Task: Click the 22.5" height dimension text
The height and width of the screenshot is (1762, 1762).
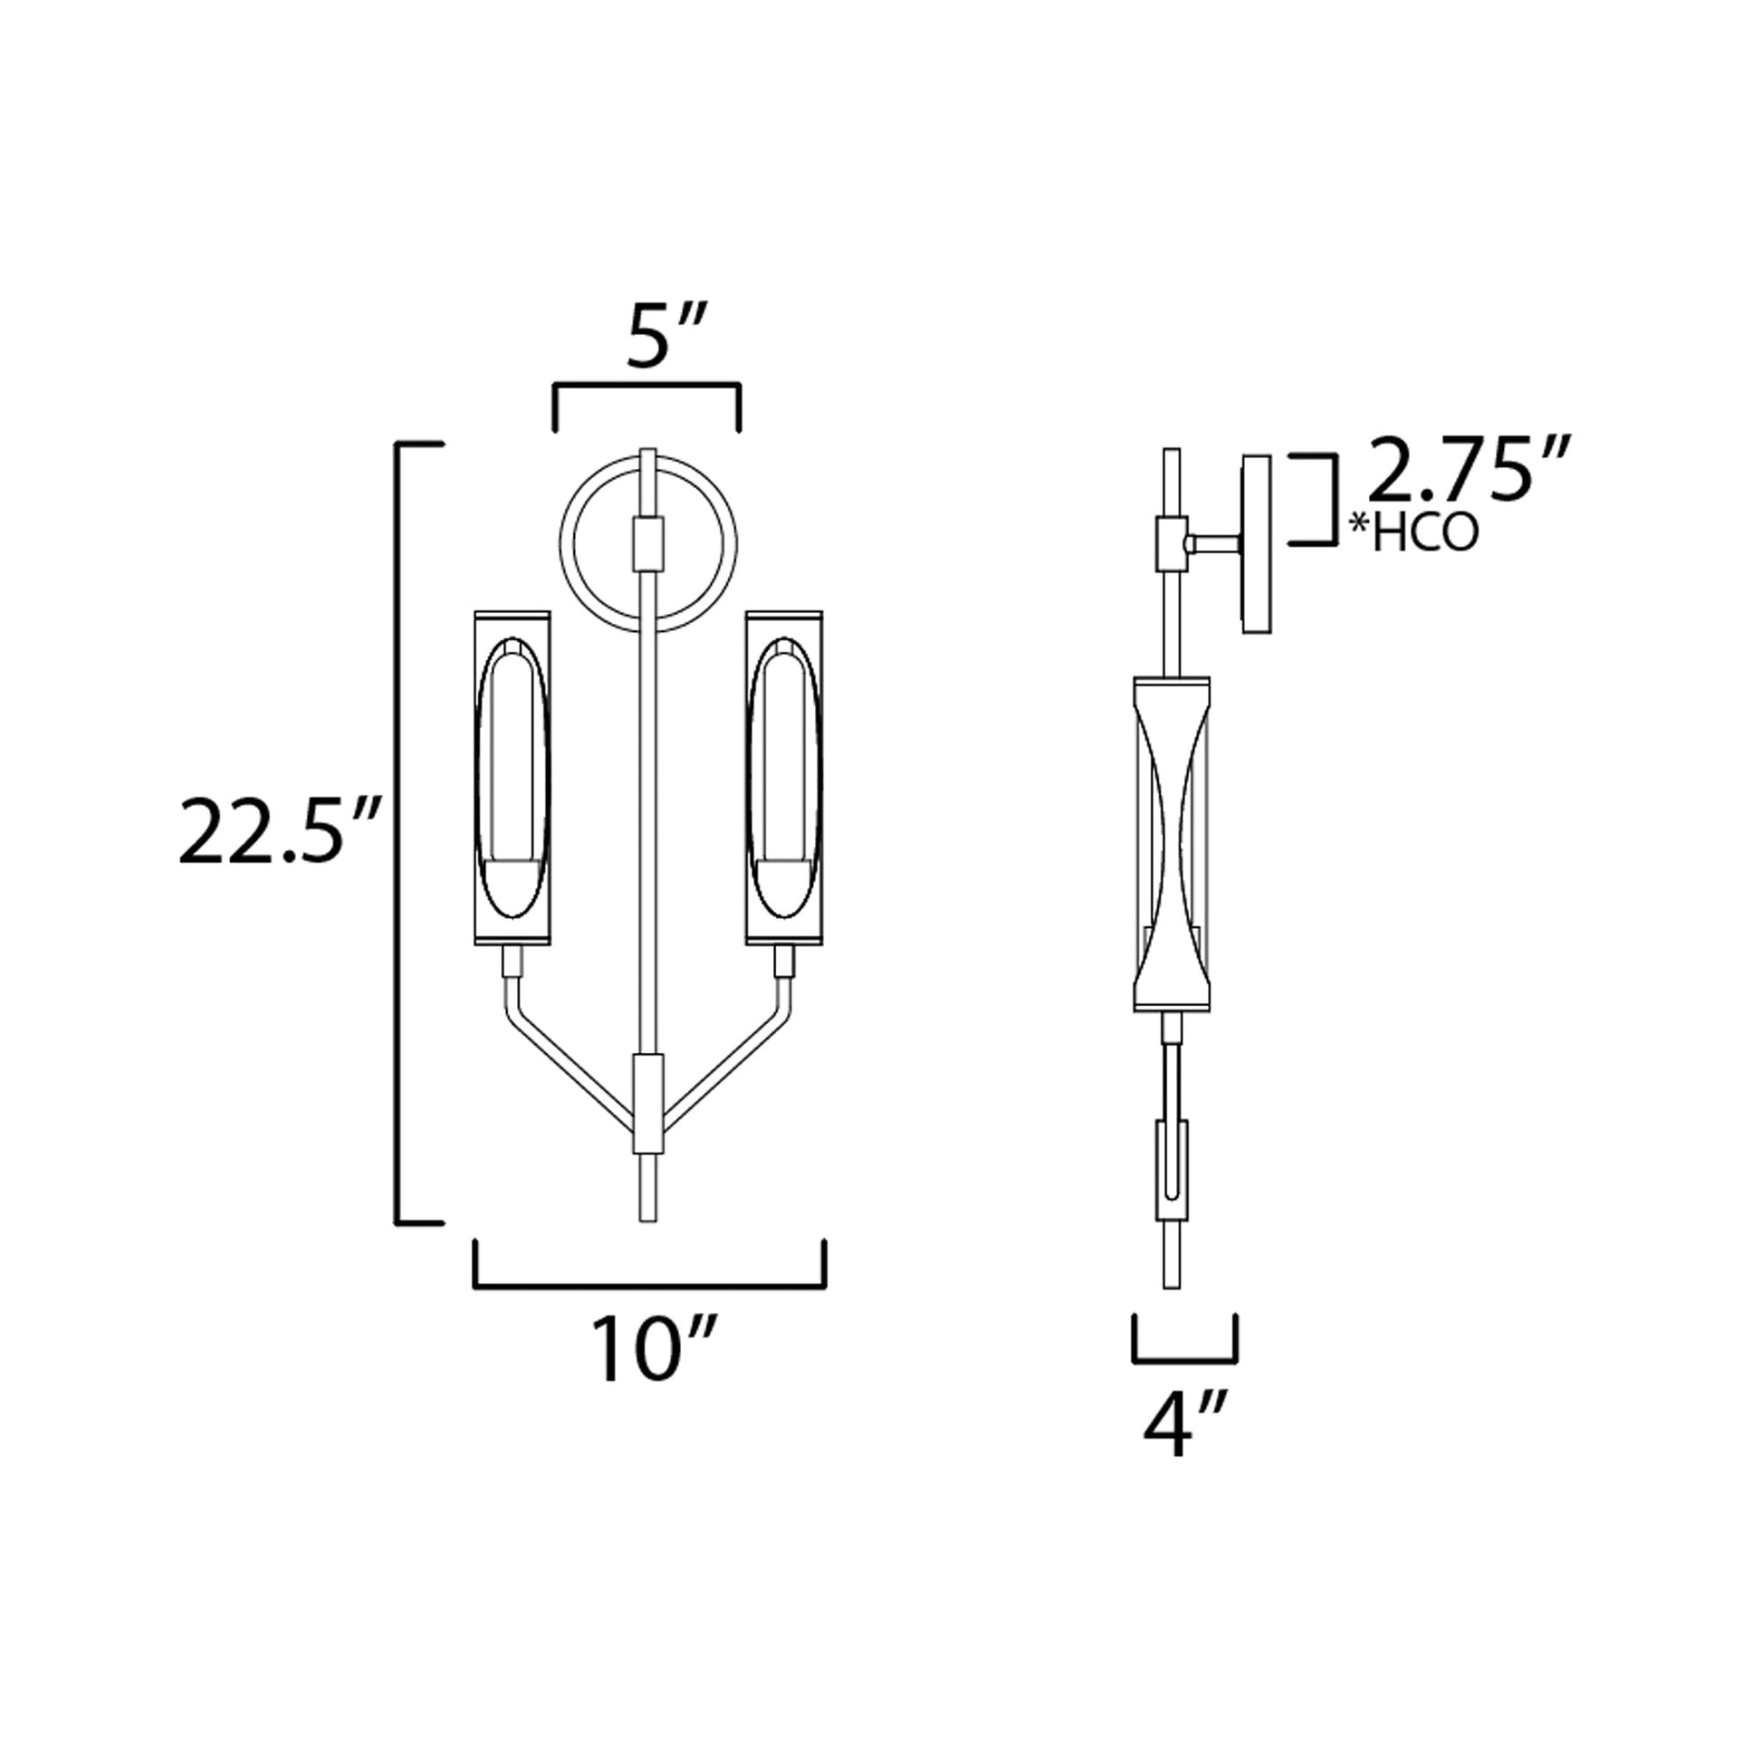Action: pos(279,832)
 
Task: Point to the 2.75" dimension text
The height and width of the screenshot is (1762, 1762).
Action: pos(1470,472)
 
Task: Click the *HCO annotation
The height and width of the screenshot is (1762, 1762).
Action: pos(1414,534)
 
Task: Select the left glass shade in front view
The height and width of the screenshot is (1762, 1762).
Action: pos(512,777)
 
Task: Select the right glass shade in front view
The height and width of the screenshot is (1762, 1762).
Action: pos(783,777)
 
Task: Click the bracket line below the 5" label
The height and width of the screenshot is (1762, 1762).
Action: pos(646,386)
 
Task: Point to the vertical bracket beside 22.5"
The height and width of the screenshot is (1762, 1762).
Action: pos(398,832)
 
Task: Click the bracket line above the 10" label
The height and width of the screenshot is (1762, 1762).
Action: pos(648,1286)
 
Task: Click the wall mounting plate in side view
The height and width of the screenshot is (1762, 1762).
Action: pos(1256,543)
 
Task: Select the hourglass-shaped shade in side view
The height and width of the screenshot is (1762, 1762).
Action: pos(1172,844)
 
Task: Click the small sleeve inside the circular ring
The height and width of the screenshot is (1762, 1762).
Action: pos(648,543)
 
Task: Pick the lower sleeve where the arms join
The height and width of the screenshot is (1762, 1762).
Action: pos(648,1104)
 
